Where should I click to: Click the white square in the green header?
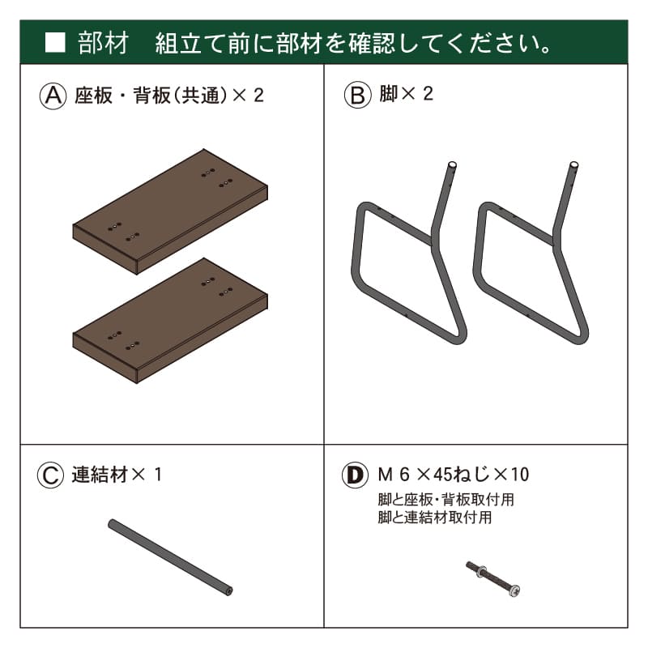(55, 42)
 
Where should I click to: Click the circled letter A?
(53, 96)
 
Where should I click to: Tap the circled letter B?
(357, 95)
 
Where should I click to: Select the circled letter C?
(50, 475)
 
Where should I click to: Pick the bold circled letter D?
(355, 475)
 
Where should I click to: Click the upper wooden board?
(170, 211)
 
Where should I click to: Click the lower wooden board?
(170, 321)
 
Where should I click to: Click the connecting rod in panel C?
(170, 558)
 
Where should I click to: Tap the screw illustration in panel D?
(492, 578)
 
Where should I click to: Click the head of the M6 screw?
(514, 591)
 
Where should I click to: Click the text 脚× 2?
(407, 94)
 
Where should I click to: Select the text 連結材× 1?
(117, 475)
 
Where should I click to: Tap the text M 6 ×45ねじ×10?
(454, 475)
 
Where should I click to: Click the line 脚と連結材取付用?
(435, 518)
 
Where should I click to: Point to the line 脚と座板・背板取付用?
(446, 500)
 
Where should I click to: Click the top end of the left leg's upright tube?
(452, 165)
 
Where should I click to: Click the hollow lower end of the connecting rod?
(228, 592)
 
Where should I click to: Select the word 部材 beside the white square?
(103, 43)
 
